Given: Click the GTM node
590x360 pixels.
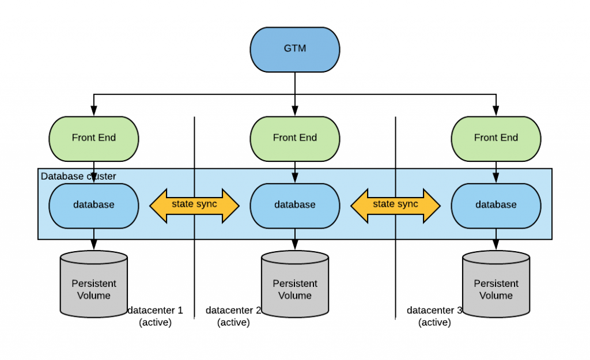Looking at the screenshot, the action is tap(295, 50).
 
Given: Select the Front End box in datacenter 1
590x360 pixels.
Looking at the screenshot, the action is tap(94, 139).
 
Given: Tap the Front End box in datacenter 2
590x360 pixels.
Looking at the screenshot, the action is tap(295, 139).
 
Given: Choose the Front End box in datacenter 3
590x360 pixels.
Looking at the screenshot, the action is tap(496, 139).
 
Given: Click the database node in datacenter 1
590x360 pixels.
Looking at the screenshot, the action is tap(94, 206).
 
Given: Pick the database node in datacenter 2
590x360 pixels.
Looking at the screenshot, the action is tap(295, 206).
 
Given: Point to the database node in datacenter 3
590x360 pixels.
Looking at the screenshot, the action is tap(496, 206).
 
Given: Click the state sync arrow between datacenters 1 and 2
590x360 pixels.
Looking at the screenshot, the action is tap(195, 206).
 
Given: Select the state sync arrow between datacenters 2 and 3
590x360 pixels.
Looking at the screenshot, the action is tap(395, 206).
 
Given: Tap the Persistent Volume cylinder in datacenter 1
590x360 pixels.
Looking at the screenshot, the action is tap(94, 284).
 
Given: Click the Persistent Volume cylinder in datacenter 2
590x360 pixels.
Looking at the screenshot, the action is tap(295, 284).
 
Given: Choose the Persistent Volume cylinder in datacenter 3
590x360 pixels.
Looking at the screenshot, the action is tap(496, 284).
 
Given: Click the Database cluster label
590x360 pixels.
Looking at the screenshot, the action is tap(78, 176).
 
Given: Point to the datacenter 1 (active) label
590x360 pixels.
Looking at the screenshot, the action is tap(155, 316).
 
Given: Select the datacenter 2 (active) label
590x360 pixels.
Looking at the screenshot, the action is tap(233, 316).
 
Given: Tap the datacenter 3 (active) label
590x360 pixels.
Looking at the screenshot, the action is tap(434, 316).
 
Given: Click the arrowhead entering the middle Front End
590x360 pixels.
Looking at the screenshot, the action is tap(295, 111).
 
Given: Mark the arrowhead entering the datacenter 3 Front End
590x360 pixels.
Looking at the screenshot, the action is tap(496, 111).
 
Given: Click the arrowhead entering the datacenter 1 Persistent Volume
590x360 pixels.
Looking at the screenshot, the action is tap(94, 245).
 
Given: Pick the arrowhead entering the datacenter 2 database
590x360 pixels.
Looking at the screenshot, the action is tap(295, 178).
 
